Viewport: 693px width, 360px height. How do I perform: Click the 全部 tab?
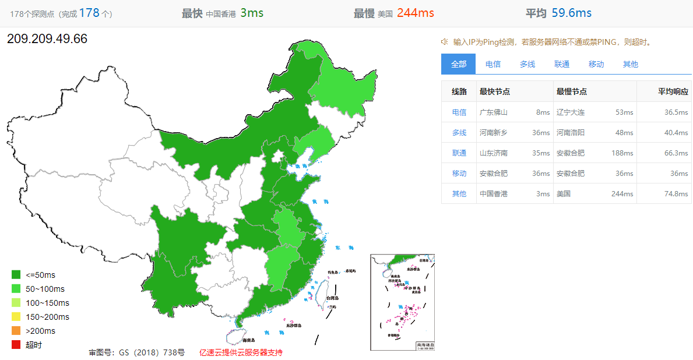[459, 64]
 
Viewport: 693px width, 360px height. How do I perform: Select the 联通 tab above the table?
[562, 64]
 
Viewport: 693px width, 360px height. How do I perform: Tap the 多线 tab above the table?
[527, 64]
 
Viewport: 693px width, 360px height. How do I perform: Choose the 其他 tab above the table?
[630, 64]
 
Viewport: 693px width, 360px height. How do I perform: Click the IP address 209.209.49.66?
[47, 39]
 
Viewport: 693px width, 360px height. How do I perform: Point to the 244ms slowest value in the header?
[415, 13]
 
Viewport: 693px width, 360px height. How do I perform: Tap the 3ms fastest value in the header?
[252, 13]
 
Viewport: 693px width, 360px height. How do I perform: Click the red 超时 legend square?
[16, 345]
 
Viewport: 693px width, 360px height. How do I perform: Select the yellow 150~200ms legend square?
[16, 317]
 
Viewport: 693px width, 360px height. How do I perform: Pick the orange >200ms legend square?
[16, 331]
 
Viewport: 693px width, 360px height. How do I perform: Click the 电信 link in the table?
[459, 112]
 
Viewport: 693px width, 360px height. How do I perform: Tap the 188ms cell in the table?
[624, 153]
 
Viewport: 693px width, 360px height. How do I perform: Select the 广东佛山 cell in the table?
[494, 112]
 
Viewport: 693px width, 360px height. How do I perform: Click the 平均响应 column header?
[673, 91]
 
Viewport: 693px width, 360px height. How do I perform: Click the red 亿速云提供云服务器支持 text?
[241, 352]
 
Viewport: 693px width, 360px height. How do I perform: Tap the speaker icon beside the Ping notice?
[444, 41]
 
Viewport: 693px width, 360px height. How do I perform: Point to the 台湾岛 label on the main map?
[332, 298]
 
